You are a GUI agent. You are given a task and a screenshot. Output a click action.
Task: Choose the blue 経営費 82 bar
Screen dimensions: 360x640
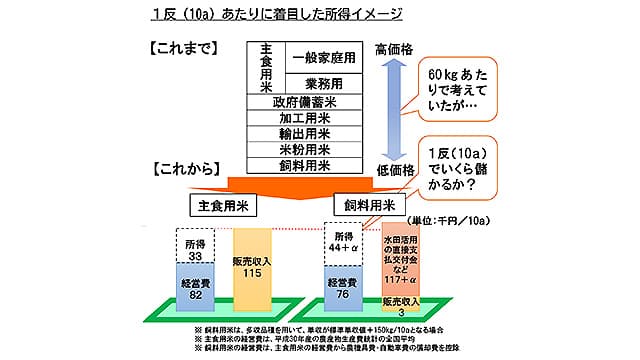coord(195,289)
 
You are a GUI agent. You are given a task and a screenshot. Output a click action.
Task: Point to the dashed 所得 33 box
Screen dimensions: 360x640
coord(195,248)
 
